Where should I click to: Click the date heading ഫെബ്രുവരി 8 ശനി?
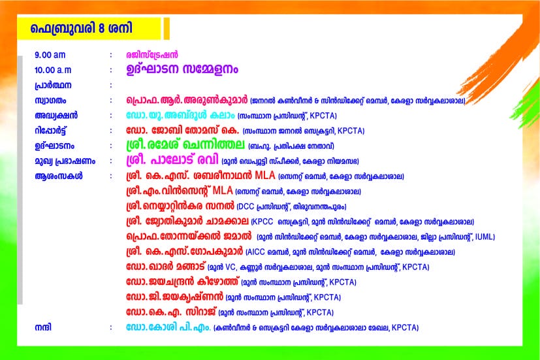[81, 28]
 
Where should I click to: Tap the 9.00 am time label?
[50, 55]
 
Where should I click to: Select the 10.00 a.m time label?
[53, 71]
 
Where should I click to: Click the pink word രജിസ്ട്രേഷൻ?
[152, 55]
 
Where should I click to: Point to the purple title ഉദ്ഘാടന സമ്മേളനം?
[182, 69]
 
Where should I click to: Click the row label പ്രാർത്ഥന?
[53, 86]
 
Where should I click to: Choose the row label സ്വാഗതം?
[50, 101]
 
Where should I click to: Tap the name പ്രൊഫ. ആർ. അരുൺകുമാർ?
[187, 100]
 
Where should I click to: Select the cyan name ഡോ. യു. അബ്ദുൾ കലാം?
[180, 116]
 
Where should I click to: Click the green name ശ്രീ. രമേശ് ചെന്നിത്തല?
[185, 144]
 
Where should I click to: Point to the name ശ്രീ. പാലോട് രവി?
[172, 160]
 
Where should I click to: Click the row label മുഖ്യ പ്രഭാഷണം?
[65, 161]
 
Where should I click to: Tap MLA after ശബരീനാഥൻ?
[265, 176]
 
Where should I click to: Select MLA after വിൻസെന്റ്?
[223, 191]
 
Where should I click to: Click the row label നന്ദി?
[43, 327]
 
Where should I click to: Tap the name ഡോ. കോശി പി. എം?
[168, 327]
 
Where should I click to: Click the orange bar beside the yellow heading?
[167, 28]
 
